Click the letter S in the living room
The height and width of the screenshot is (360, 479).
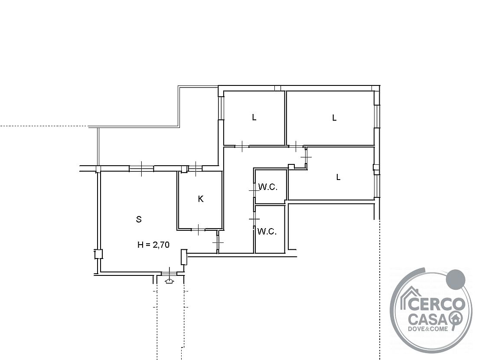click(139, 219)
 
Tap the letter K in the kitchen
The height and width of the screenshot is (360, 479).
click(201, 199)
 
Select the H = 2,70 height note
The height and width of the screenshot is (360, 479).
click(153, 245)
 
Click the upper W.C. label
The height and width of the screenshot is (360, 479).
click(268, 187)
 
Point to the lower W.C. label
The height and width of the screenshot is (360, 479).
click(267, 231)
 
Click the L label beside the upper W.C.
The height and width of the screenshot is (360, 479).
click(338, 177)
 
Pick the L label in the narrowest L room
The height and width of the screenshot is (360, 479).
click(254, 117)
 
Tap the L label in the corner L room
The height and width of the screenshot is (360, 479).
click(335, 118)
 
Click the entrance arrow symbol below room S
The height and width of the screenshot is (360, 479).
click(169, 281)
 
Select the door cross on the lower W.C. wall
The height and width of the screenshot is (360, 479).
click(254, 219)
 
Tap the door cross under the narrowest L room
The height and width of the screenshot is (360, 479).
click(241, 146)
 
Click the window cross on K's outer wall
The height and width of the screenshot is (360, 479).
click(196, 168)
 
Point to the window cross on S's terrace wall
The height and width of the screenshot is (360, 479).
click(141, 168)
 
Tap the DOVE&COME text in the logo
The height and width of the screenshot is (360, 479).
click(428, 329)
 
